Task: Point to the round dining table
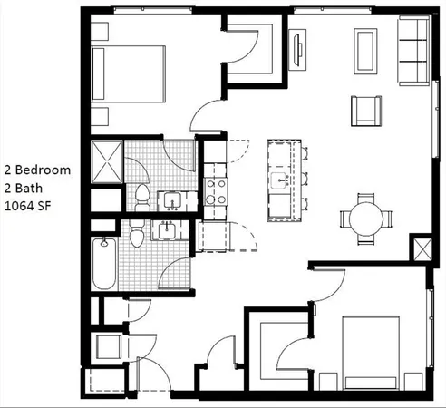365,219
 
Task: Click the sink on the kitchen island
283,181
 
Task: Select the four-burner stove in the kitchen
215,191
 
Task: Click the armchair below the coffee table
365,110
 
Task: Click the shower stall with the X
106,162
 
